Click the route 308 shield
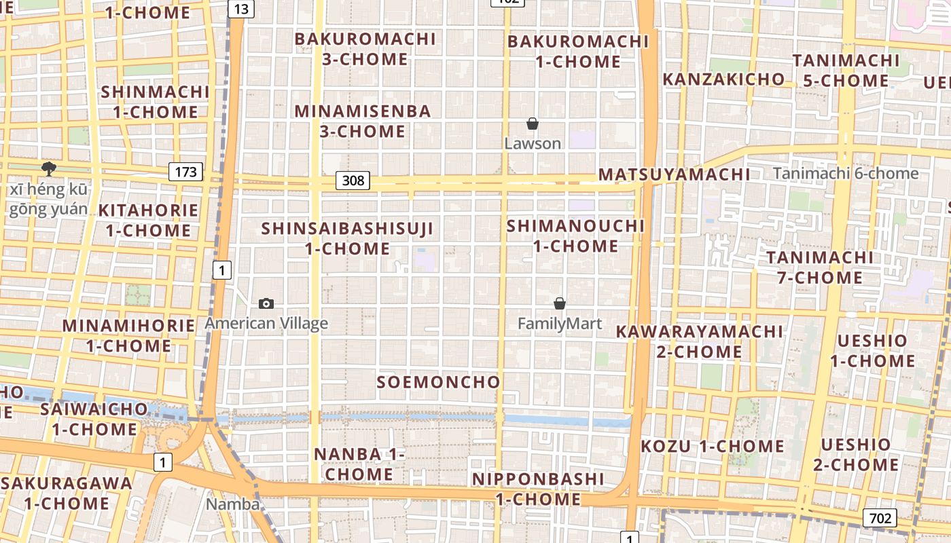tap(353, 181)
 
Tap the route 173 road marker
tap(185, 172)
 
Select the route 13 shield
tap(240, 9)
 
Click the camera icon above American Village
tap(266, 303)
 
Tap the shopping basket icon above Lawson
tap(533, 124)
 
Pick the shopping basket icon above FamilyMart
tap(560, 303)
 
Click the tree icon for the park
tap(48, 168)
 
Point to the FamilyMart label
tap(560, 324)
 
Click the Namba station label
tap(233, 504)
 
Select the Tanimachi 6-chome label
tap(846, 173)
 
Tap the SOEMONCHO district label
tap(439, 382)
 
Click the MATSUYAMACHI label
tap(674, 174)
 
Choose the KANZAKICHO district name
tap(723, 79)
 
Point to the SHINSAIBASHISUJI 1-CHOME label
tap(347, 238)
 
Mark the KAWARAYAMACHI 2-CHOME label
tap(700, 341)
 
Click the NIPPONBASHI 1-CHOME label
tap(538, 489)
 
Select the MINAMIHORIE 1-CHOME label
tap(128, 335)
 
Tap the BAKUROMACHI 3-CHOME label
tap(365, 49)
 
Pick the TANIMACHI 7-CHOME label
tap(820, 267)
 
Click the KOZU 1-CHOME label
tap(713, 447)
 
